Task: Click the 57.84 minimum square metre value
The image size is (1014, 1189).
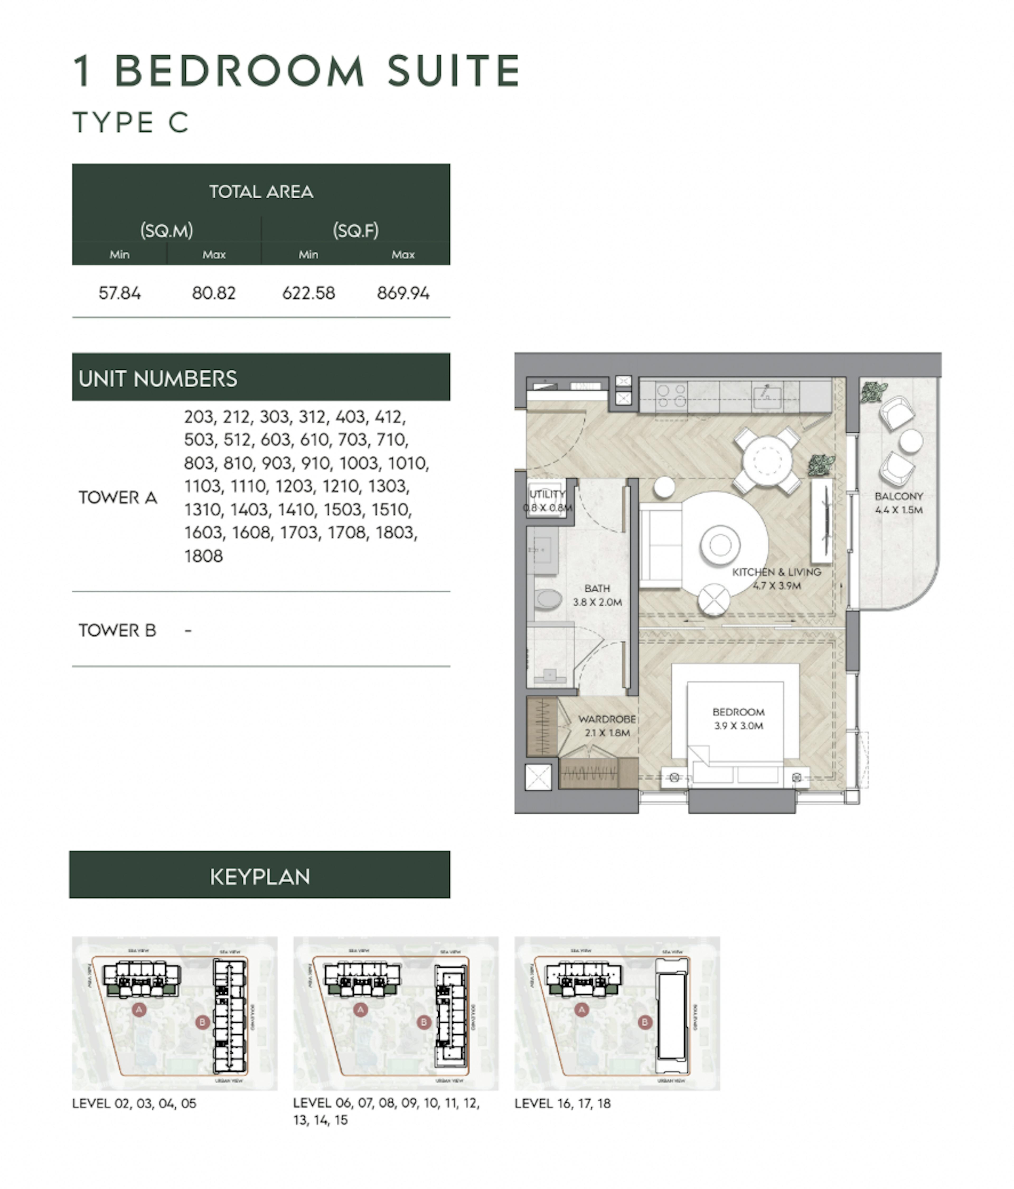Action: click(119, 293)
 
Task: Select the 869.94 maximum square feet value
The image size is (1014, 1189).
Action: click(403, 293)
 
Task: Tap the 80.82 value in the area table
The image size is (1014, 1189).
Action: click(213, 293)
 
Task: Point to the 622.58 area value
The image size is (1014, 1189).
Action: click(308, 293)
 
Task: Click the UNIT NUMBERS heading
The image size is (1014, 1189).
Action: click(158, 379)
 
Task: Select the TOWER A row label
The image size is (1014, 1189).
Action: click(118, 498)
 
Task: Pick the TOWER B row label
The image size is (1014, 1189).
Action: click(117, 630)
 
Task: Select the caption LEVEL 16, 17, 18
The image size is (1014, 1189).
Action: click(562, 1103)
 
